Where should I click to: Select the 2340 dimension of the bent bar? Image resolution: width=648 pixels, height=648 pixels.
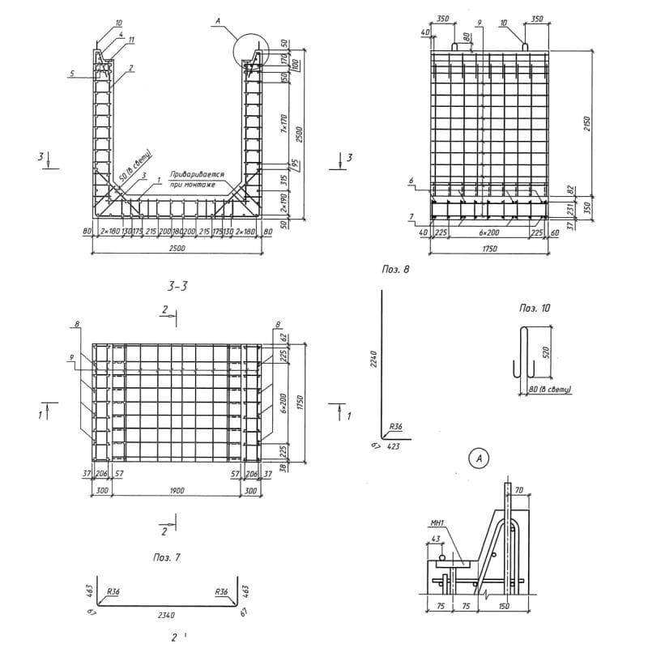166,615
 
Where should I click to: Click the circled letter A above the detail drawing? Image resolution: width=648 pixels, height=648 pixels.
480,459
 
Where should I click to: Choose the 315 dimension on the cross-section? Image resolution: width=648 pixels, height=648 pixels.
285,179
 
